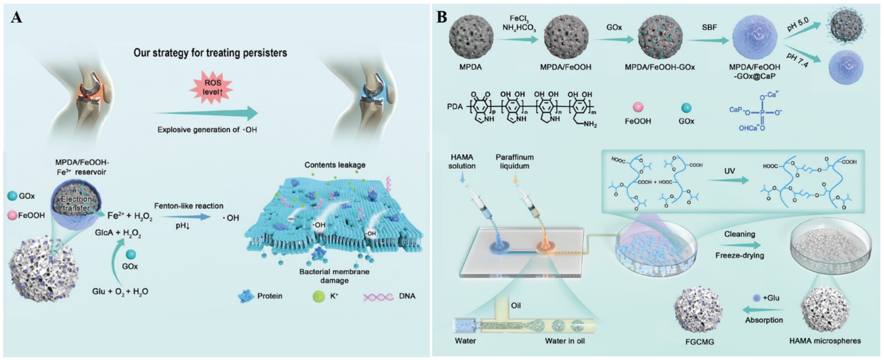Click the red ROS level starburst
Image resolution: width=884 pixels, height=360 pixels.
pos(211,88)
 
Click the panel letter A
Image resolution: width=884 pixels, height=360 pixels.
pos(16,18)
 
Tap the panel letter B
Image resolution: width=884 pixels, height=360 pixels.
pos(442,18)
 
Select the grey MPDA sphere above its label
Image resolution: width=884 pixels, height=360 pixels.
pos(470,37)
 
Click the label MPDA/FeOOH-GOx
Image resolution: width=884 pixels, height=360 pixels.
pos(660,67)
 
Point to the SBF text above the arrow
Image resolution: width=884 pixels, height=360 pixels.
pos(709,27)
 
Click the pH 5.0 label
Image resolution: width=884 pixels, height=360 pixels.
pos(798,24)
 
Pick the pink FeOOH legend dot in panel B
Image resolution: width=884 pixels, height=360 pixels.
pos(638,107)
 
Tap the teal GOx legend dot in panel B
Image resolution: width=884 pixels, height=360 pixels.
pos(686,108)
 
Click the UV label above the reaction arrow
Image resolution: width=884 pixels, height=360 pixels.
pos(729,171)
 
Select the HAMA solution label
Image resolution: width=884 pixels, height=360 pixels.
pos(462,162)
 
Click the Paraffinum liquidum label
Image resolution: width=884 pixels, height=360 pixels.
pos(515,162)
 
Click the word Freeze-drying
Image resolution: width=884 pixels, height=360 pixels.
pos(739,255)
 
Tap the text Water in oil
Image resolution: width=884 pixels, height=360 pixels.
pos(564,341)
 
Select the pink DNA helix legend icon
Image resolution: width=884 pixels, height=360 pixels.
pos(378,297)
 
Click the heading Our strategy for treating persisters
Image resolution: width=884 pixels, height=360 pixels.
pos(210,53)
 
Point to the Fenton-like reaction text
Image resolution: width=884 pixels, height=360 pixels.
pos(189,206)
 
